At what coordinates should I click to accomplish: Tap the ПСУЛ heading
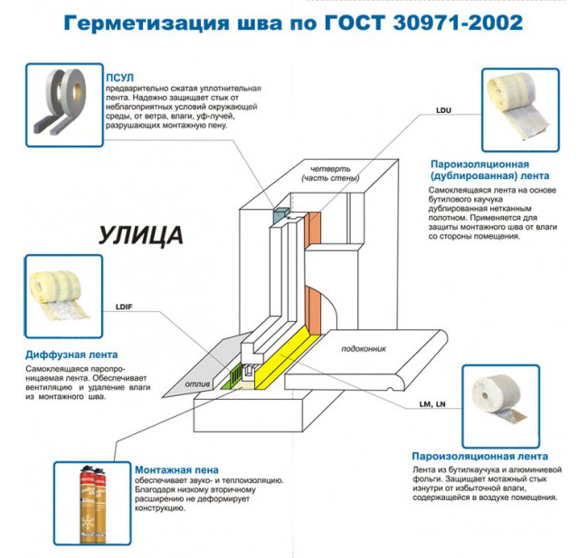click(119, 78)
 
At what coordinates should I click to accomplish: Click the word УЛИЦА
click(139, 236)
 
